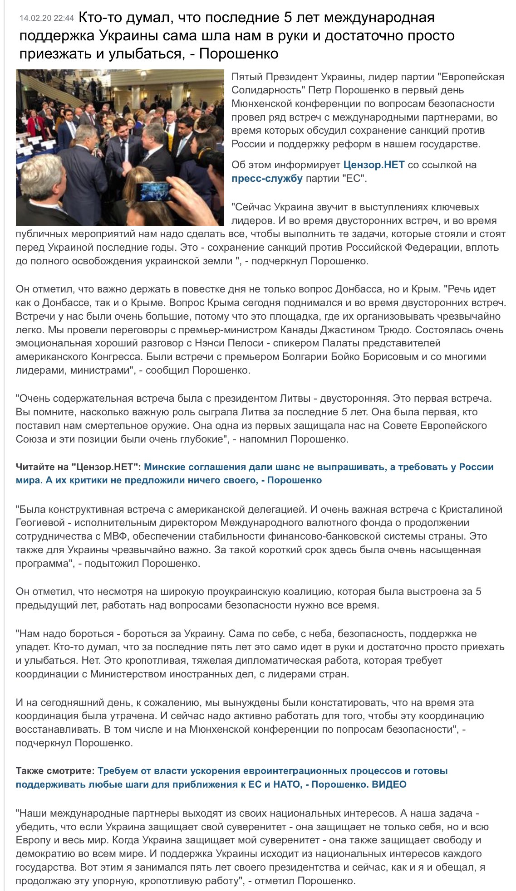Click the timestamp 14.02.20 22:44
(46, 19)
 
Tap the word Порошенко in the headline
(239, 54)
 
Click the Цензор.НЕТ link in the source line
(373, 165)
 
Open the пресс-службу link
(267, 178)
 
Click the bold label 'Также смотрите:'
(55, 771)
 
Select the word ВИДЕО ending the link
(389, 784)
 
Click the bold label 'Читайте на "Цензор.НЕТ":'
(78, 467)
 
